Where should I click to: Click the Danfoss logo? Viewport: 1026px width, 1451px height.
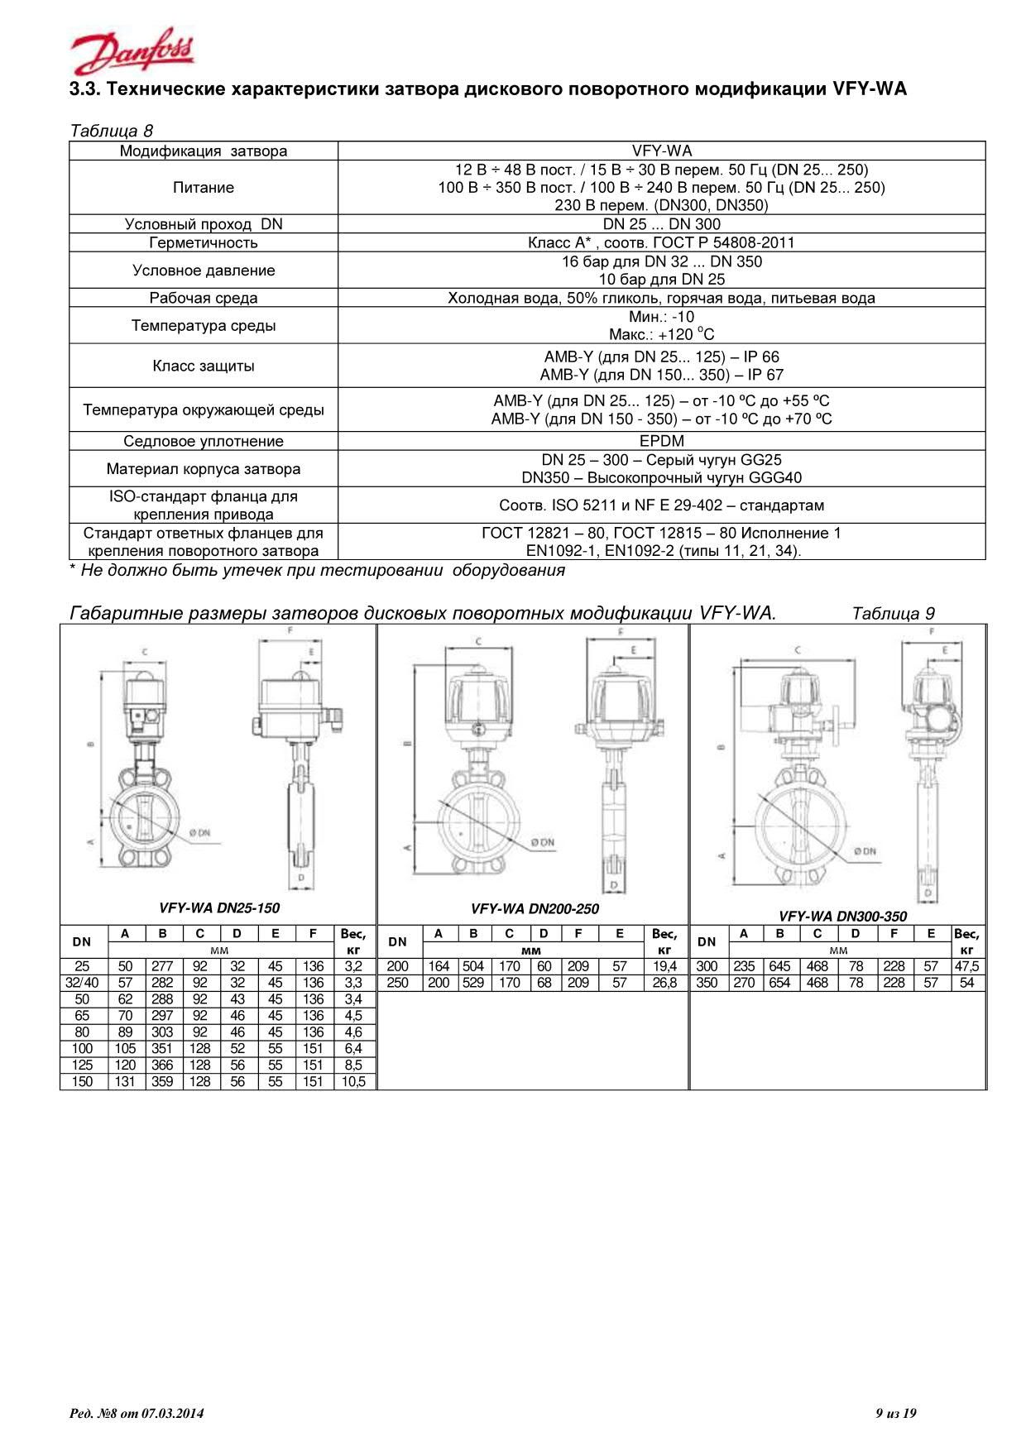[132, 54]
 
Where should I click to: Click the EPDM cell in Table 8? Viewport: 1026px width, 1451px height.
[661, 441]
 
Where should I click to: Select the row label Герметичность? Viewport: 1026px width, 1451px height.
[204, 242]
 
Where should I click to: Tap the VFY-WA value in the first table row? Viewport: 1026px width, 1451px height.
[661, 151]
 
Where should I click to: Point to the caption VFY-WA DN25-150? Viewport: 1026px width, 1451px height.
[219, 908]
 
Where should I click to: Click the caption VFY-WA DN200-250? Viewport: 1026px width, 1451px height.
[535, 908]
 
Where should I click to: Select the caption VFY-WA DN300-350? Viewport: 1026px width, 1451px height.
[842, 916]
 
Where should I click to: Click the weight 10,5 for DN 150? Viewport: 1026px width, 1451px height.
[353, 1081]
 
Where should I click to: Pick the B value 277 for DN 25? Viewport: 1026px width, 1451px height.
[162, 965]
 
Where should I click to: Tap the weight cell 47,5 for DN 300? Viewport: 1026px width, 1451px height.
[966, 965]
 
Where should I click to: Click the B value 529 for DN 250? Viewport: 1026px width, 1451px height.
[473, 983]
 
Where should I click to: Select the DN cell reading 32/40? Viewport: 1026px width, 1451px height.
[83, 983]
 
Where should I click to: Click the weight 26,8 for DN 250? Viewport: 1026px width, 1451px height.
[664, 983]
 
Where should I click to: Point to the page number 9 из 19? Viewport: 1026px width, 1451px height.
[896, 1413]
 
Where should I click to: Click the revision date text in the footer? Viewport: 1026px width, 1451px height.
[137, 1413]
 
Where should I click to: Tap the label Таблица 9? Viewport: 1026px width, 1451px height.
[893, 613]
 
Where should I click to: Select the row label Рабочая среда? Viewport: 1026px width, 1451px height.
[204, 298]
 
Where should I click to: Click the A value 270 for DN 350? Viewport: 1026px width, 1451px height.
[744, 983]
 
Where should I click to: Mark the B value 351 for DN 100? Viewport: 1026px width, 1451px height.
[162, 1048]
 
